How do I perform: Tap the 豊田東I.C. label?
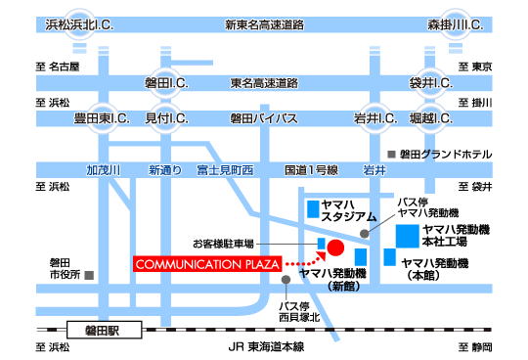pyautogui.click(x=102, y=118)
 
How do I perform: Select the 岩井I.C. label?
pyautogui.click(x=374, y=118)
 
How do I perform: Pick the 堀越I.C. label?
pyautogui.click(x=429, y=118)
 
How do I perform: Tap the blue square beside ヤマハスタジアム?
pyautogui.click(x=312, y=208)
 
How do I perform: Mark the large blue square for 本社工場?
pyautogui.click(x=404, y=235)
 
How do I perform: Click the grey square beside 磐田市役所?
pyautogui.click(x=89, y=276)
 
